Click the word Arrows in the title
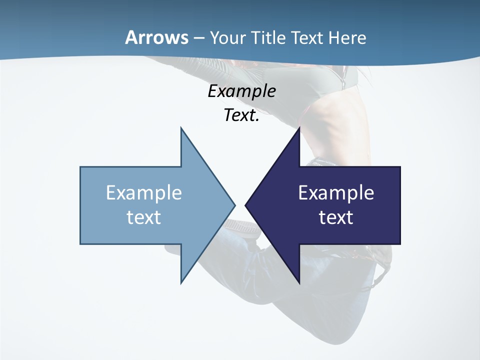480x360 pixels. point(156,37)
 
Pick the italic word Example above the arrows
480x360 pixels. point(241,91)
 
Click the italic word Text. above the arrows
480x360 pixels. point(241,115)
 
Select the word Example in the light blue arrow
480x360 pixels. point(144,193)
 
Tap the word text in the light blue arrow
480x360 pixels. point(144,217)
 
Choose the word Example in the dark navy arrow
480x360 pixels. point(336,193)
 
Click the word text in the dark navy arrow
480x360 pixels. point(336,217)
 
